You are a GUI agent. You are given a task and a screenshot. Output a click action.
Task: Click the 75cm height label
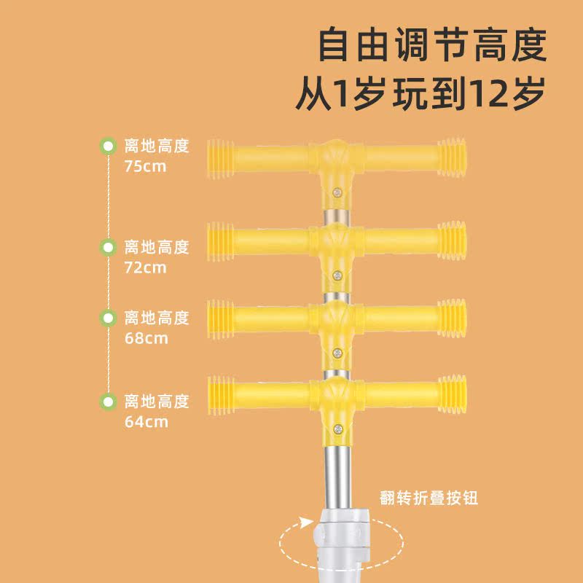click(x=146, y=166)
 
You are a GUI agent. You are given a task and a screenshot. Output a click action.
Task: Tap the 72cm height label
click(x=146, y=267)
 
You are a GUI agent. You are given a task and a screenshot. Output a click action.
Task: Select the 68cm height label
click(x=146, y=338)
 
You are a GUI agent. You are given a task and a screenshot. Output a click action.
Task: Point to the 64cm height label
click(x=146, y=421)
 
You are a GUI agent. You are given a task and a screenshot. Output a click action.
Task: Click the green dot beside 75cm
click(x=108, y=146)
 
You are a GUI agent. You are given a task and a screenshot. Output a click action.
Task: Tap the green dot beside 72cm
click(x=108, y=247)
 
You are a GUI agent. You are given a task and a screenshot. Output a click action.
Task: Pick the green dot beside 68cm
click(x=108, y=318)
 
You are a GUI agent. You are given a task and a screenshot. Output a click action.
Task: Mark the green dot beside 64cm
click(x=108, y=401)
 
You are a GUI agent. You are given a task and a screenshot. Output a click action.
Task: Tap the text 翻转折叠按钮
click(x=429, y=498)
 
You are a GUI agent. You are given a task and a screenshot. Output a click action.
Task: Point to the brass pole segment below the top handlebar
click(x=337, y=217)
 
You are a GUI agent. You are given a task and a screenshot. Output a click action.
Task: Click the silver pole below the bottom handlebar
click(x=337, y=474)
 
